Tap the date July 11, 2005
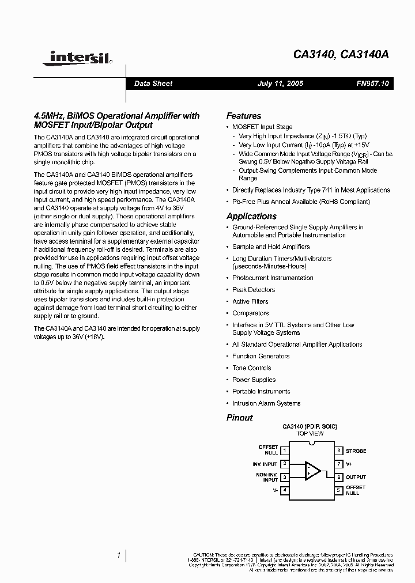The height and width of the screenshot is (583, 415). point(280,84)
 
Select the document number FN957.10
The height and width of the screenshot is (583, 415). point(373,84)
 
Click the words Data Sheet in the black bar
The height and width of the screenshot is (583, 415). point(153,84)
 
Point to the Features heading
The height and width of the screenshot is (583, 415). point(243,116)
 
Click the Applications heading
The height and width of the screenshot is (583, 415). point(251,216)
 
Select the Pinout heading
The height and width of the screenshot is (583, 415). point(239,418)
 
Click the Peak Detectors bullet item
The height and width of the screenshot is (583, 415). point(253,290)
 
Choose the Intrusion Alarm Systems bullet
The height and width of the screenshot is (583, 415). point(266,403)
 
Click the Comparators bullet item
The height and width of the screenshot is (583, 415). point(250,313)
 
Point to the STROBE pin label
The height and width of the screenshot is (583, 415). point(356,451)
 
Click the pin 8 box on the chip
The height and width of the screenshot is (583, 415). point(340,450)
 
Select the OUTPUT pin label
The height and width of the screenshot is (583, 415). point(356,477)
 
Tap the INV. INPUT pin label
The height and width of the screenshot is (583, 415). point(265,464)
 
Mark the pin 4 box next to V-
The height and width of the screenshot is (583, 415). point(284,490)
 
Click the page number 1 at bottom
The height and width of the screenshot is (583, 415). point(118,555)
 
